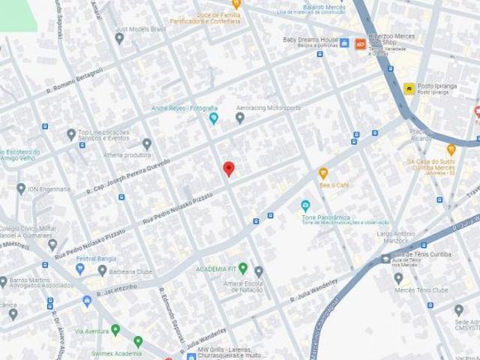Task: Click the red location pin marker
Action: click(229, 168)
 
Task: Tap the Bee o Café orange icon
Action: click(323, 173)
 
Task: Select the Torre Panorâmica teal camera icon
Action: click(305, 205)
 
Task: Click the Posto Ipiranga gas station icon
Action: click(409, 88)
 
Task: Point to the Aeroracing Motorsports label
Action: click(268, 108)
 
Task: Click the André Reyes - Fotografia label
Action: click(184, 109)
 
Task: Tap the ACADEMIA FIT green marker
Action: click(242, 268)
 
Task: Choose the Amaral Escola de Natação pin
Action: click(259, 271)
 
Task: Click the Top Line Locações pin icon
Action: click(71, 134)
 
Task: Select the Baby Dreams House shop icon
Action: click(344, 43)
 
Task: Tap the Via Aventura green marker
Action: click(115, 330)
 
